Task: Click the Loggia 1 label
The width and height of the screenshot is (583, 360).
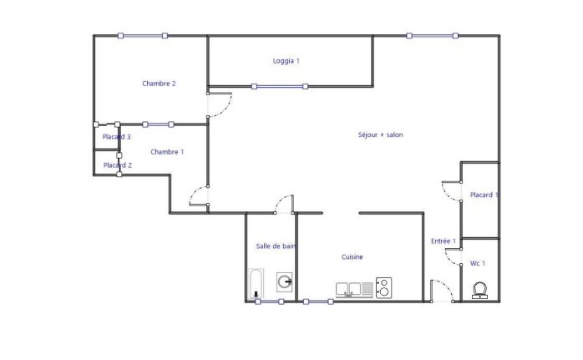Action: tap(286, 61)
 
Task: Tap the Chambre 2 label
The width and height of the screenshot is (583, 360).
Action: tap(159, 84)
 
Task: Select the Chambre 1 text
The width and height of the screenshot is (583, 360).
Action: tap(167, 152)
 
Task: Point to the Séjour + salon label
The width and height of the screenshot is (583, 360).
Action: tap(380, 134)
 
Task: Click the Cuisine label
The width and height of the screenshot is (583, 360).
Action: tap(352, 257)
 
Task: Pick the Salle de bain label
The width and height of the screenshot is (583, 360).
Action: tap(276, 246)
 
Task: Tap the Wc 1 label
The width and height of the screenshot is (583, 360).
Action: tap(478, 263)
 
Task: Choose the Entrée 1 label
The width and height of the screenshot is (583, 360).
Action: tap(444, 241)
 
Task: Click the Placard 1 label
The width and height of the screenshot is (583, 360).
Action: tap(484, 195)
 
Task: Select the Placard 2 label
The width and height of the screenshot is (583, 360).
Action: tap(118, 165)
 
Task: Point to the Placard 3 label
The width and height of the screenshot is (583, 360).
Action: tap(116, 137)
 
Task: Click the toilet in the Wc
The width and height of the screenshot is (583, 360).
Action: tap(479, 291)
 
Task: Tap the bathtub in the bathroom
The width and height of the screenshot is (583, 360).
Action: tap(256, 284)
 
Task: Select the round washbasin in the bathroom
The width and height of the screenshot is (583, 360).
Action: tap(285, 281)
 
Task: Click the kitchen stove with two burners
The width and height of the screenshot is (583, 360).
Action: tap(383, 288)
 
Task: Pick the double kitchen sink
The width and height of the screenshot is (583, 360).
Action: tap(348, 289)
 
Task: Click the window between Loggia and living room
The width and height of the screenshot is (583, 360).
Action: tap(280, 87)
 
